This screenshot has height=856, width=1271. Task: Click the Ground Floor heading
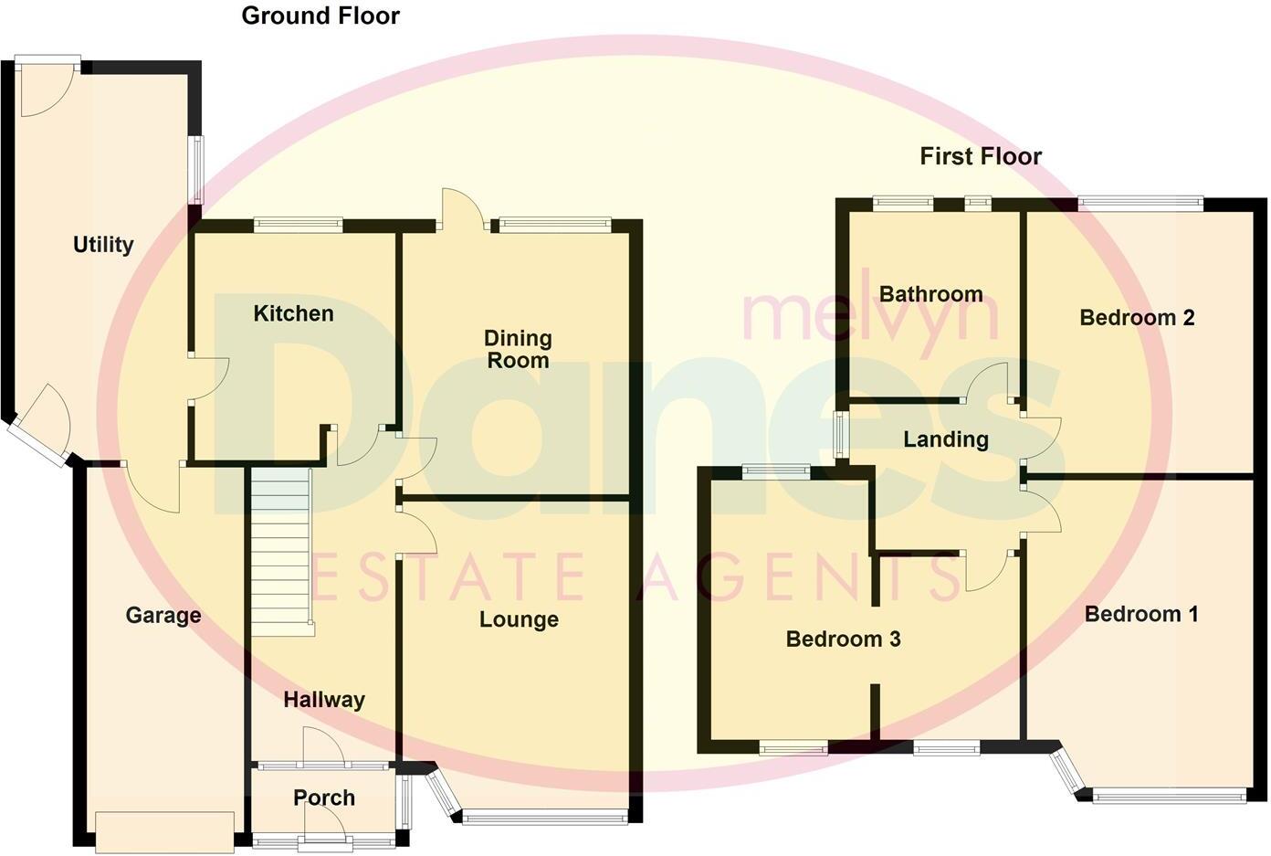coord(320,16)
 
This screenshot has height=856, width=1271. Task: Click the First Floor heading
coord(981,156)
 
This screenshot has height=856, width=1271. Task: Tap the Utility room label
coord(103,245)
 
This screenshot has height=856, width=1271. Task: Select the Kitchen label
coord(293,313)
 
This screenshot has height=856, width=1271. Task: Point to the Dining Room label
coord(518,349)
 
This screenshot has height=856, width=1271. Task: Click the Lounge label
coord(519,619)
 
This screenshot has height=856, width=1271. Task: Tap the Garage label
coord(163,615)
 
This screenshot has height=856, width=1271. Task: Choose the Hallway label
coord(324,700)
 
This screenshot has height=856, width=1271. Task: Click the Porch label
coord(324,798)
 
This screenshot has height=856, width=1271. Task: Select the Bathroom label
coord(931,294)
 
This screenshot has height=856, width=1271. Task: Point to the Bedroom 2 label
coord(1137,318)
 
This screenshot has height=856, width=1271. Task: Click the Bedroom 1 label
coord(1141,614)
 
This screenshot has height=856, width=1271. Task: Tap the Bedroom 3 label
coord(843,639)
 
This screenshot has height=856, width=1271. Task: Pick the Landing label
coord(946,439)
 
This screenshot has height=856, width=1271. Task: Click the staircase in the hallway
coord(281,553)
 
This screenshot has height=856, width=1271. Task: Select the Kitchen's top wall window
coord(298,221)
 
